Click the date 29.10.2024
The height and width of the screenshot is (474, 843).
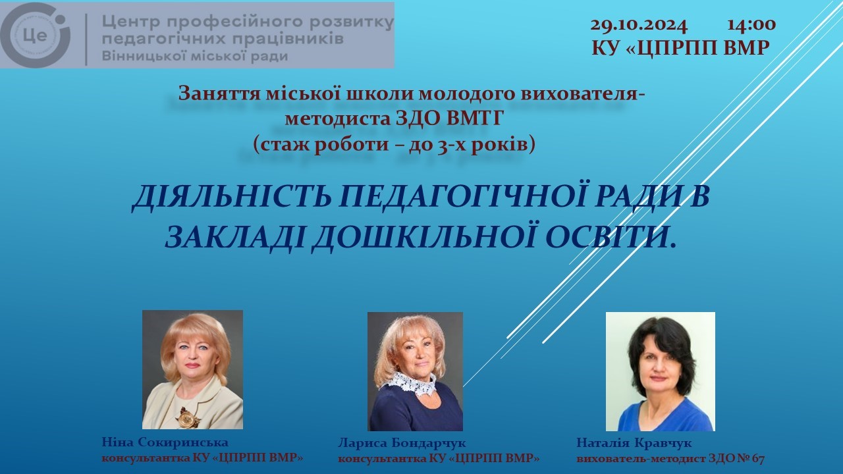pyautogui.click(x=639, y=26)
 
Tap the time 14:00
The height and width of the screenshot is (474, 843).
pyautogui.click(x=751, y=25)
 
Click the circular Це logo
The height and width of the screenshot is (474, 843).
pyautogui.click(x=36, y=35)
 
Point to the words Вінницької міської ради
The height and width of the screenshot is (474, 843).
pyautogui.click(x=195, y=56)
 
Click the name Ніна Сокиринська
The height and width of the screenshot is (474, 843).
pyautogui.click(x=165, y=442)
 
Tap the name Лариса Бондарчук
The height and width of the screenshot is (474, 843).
pyautogui.click(x=402, y=443)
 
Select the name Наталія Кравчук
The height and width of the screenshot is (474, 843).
pyautogui.click(x=634, y=443)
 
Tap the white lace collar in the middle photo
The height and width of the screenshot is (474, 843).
pyautogui.click(x=412, y=384)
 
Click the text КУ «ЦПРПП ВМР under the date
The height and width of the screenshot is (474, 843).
pyautogui.click(x=681, y=48)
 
